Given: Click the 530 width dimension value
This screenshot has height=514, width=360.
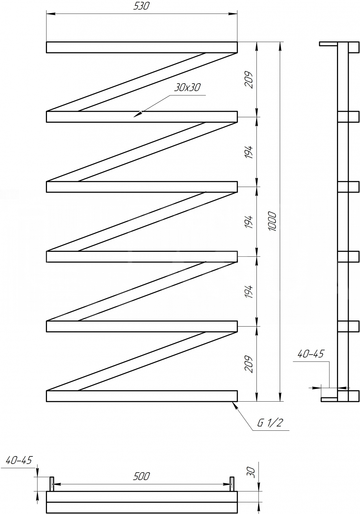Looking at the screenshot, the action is [x=141, y=6].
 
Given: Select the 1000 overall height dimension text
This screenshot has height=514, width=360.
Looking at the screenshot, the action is [x=273, y=221].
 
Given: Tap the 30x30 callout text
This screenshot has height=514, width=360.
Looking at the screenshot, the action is [x=187, y=87].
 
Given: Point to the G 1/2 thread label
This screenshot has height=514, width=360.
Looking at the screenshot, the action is [x=271, y=423].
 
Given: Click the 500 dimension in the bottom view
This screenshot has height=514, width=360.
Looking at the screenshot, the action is [x=141, y=476].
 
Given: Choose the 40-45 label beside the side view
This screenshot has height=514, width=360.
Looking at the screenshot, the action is [x=311, y=354].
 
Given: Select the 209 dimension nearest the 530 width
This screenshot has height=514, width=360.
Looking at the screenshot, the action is [x=249, y=80].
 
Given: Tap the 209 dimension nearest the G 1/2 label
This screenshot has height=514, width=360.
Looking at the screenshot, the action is [x=249, y=364].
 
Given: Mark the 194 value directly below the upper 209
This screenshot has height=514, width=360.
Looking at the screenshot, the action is [x=249, y=152].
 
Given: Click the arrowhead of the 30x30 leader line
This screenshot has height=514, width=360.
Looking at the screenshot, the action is [x=137, y=114].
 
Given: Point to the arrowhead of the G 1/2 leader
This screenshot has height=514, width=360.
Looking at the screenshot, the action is [x=235, y=405].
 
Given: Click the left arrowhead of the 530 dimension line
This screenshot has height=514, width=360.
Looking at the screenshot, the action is [x=50, y=14].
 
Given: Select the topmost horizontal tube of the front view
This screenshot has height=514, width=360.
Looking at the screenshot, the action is [x=142, y=47].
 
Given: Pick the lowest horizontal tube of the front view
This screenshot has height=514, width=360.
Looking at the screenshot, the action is [x=142, y=396].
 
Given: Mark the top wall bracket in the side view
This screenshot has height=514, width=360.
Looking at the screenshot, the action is [x=328, y=44].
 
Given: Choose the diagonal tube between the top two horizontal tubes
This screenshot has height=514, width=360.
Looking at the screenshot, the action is [x=142, y=82].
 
